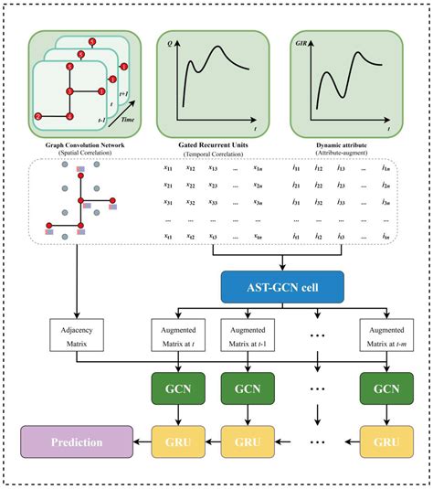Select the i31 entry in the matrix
pos(294,202)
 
